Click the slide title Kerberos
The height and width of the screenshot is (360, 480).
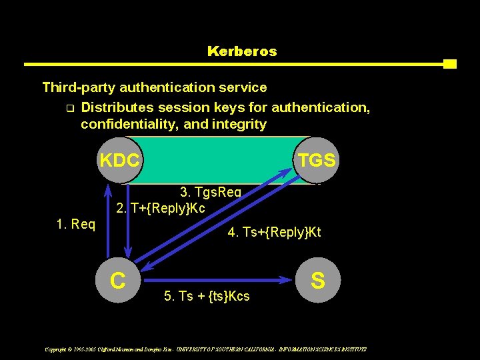[x=242, y=51]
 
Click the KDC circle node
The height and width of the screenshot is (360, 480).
[x=120, y=161]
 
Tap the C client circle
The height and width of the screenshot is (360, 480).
[x=118, y=281]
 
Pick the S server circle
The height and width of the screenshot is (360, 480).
[x=318, y=281]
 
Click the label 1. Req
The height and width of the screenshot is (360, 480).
[x=76, y=224]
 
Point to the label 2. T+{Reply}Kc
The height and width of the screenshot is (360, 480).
[x=161, y=208]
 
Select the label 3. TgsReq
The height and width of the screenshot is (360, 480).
[x=211, y=193]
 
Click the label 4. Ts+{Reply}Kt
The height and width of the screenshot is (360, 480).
[x=274, y=233]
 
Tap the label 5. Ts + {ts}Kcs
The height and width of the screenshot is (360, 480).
[x=207, y=296]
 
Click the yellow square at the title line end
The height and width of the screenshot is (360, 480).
[x=450, y=64]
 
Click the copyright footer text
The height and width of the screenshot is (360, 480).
[x=205, y=349]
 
